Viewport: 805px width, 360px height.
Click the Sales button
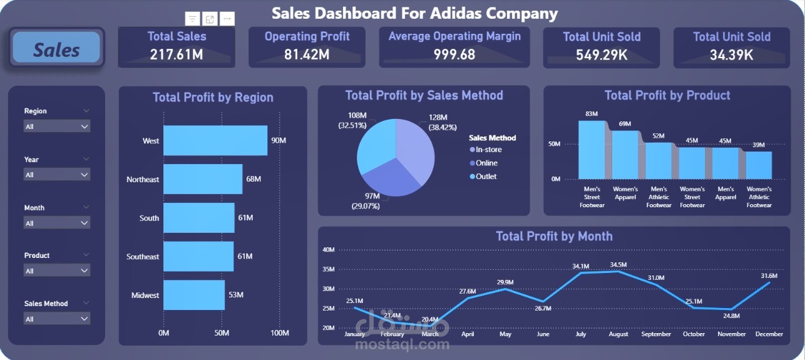click(x=56, y=48)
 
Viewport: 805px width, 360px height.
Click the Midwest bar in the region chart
click(x=193, y=295)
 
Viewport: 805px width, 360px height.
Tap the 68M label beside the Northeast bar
click(x=254, y=179)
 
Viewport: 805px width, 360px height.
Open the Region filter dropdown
click(x=57, y=126)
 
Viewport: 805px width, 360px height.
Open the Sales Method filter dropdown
click(x=57, y=319)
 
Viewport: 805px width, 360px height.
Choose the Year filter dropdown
click(x=57, y=175)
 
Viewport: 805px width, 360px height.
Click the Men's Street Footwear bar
click(x=591, y=150)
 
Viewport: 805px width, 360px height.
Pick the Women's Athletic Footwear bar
click(x=758, y=165)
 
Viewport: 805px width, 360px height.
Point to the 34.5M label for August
click(x=618, y=265)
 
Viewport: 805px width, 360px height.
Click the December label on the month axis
click(x=769, y=334)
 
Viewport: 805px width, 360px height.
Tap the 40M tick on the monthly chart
click(x=329, y=250)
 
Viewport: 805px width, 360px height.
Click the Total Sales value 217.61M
click(x=177, y=54)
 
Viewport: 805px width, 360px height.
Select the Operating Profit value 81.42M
click(x=307, y=54)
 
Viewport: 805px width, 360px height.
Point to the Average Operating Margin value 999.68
click(x=454, y=54)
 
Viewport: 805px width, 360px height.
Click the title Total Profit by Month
click(x=554, y=236)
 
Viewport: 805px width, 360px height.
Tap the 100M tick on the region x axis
click(x=279, y=332)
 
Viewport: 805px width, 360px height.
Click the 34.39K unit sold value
click(x=731, y=54)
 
